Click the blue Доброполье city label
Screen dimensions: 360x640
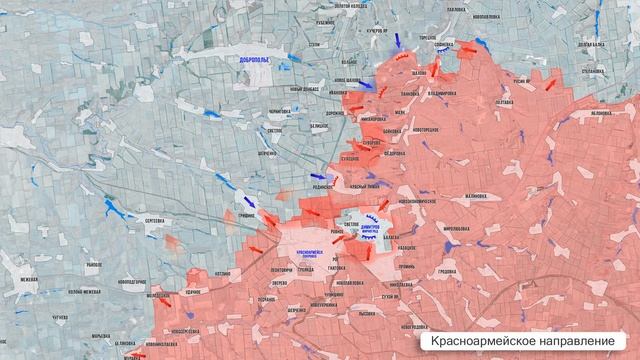click(x=255, y=60)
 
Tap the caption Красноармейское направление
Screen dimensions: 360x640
click(x=522, y=341)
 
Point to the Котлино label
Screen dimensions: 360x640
click(x=222, y=270)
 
